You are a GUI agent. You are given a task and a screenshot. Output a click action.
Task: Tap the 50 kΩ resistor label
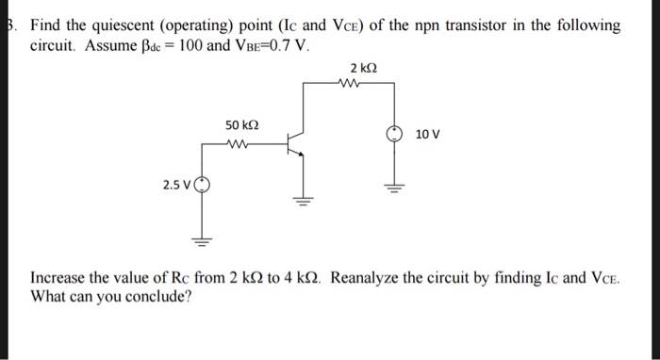[243, 125]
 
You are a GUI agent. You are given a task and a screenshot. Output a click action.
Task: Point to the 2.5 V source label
[176, 185]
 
